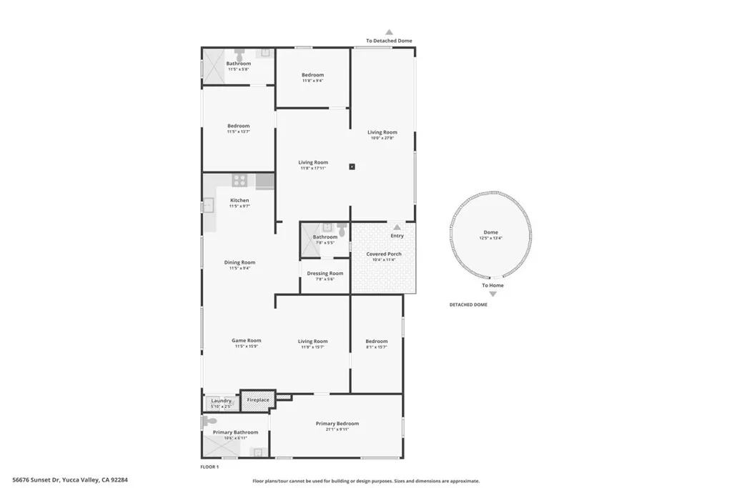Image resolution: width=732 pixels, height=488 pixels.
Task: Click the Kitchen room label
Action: coord(239,201)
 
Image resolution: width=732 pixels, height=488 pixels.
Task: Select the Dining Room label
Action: coord(239,263)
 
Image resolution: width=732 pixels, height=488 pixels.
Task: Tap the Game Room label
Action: coord(246,341)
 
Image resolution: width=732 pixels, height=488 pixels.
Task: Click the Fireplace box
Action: coord(258,400)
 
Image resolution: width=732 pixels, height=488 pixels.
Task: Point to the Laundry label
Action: coord(222,401)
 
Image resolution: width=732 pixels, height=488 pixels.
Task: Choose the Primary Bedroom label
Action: coord(337,424)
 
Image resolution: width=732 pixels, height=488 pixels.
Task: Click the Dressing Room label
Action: coord(325,274)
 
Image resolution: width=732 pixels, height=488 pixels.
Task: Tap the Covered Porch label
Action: coord(384,254)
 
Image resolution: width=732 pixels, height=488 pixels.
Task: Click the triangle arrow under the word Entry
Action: coord(397,227)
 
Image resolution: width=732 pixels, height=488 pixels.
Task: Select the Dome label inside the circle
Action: coord(490,232)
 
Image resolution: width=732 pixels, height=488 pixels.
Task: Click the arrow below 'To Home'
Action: coord(493,294)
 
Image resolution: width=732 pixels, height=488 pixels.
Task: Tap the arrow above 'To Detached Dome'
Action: coord(389,32)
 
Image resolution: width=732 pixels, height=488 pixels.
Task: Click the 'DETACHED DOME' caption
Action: coord(468,305)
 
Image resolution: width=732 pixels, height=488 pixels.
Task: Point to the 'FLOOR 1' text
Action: coord(209,467)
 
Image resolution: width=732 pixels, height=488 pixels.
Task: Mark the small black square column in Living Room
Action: coord(352,166)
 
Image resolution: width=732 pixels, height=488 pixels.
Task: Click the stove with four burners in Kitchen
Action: coord(239,181)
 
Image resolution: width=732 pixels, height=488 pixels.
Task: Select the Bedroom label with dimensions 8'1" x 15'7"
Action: coord(377,342)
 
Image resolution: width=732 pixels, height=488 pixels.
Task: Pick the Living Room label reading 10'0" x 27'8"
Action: coord(382,132)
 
